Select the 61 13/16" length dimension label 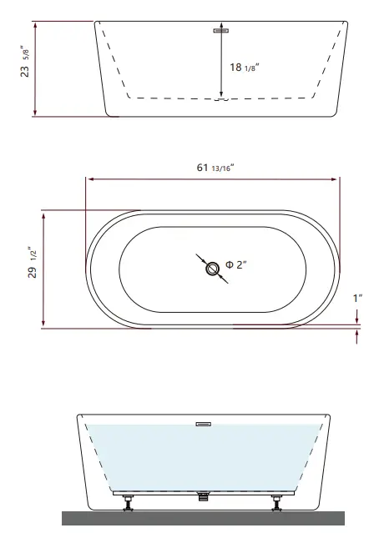coord(215,168)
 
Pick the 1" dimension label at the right coord(356,298)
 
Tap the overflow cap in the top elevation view coord(221,31)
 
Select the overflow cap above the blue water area coord(203,423)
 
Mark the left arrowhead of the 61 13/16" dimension coord(88,179)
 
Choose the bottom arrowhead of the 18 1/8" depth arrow coord(221,95)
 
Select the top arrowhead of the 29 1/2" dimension coord(43,214)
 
